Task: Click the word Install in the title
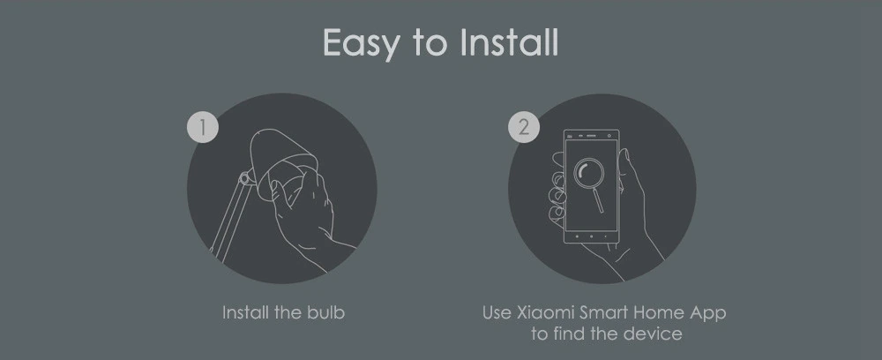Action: (x=510, y=42)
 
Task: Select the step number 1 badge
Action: (x=203, y=127)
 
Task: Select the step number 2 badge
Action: (x=525, y=127)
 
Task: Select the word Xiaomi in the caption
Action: (x=544, y=312)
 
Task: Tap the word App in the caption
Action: (x=707, y=313)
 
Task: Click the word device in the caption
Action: (x=656, y=334)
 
